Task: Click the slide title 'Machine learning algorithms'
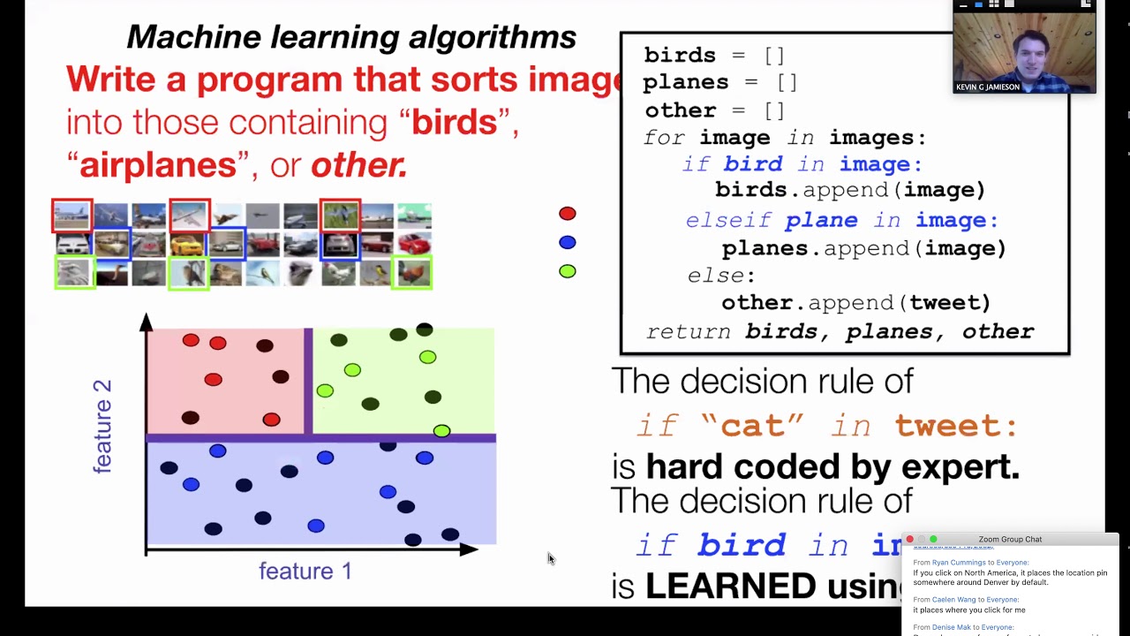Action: pyautogui.click(x=351, y=37)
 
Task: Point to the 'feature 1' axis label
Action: pyautogui.click(x=305, y=572)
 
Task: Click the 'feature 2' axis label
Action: pyautogui.click(x=102, y=426)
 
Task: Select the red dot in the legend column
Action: pyautogui.click(x=567, y=214)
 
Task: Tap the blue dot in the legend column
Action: pyautogui.click(x=567, y=242)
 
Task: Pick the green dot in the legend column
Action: pyautogui.click(x=567, y=271)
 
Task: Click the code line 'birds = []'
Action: pyautogui.click(x=713, y=55)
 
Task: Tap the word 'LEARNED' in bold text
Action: pyautogui.click(x=730, y=587)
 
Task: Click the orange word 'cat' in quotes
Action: pyautogui.click(x=752, y=426)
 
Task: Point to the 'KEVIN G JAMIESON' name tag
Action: pyautogui.click(x=988, y=87)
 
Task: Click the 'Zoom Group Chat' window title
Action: pyautogui.click(x=1010, y=539)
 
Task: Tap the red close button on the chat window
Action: pyautogui.click(x=909, y=539)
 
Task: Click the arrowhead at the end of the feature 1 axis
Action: pyautogui.click(x=469, y=549)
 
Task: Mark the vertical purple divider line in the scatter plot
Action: pyautogui.click(x=308, y=382)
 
